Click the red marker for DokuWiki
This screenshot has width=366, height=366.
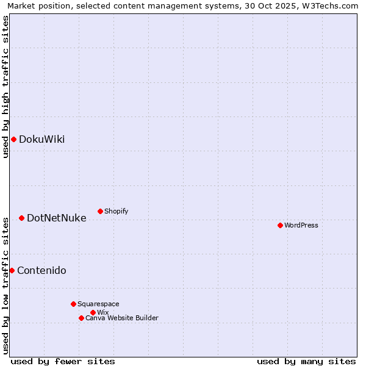click(x=13, y=139)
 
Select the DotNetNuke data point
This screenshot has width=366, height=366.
click(x=21, y=218)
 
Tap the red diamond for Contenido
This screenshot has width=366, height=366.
click(x=12, y=270)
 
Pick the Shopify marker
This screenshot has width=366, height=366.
click(x=100, y=211)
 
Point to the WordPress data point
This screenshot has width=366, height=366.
click(x=280, y=225)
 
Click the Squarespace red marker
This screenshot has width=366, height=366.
click(x=73, y=304)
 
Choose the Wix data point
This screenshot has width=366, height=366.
click(x=93, y=312)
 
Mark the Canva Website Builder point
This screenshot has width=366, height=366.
click(x=81, y=318)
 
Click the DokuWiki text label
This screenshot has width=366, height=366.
click(x=41, y=139)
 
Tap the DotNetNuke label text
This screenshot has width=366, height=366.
click(x=56, y=218)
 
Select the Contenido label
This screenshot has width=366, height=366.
click(x=41, y=270)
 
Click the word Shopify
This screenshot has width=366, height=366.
click(x=116, y=211)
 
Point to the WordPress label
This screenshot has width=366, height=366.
click(x=301, y=225)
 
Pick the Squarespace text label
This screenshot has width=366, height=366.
click(x=98, y=304)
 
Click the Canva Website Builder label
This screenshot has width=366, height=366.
click(x=121, y=318)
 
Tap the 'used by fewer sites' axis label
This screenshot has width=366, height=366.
click(x=63, y=361)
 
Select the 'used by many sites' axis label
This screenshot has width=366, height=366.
click(x=306, y=361)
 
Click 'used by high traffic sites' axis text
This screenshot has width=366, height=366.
click(x=5, y=87)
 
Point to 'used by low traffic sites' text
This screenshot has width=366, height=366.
click(x=5, y=285)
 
